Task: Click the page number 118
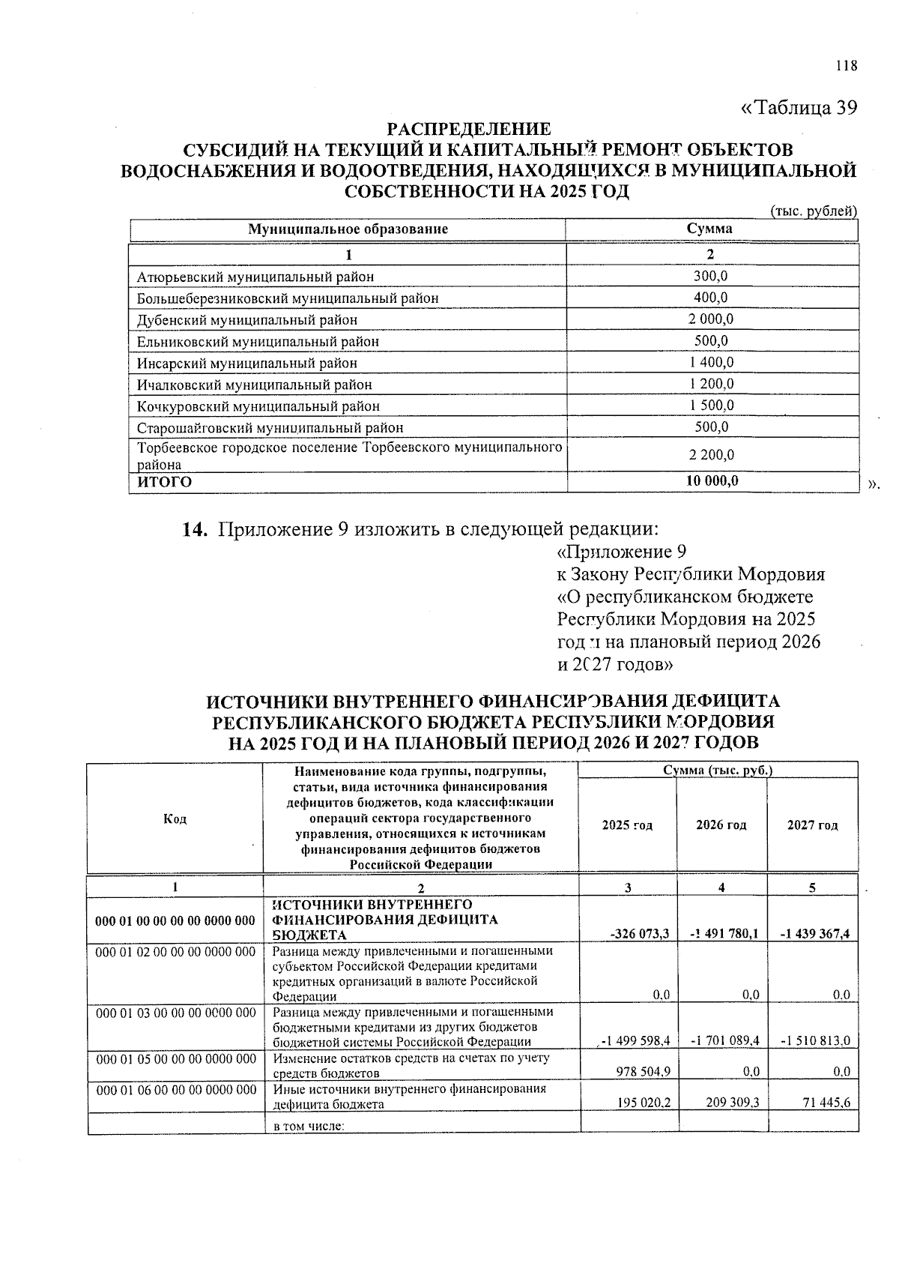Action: coord(846,66)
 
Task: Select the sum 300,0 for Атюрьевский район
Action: coord(710,276)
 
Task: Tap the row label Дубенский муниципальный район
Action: coord(247,320)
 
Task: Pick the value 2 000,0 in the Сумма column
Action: coord(710,319)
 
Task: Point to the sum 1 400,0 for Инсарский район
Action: coord(710,363)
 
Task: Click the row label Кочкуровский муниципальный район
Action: coord(258,406)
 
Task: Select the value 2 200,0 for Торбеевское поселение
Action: coord(710,455)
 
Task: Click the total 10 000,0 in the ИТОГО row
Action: coord(712,481)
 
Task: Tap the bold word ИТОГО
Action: coord(164,482)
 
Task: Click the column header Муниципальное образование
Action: coord(348,229)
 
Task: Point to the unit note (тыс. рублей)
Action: coord(814,211)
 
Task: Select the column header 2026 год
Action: coord(721,825)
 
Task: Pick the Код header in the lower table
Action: coord(175,819)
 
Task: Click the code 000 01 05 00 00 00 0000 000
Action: coord(176,1058)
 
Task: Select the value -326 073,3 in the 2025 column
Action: coord(639,934)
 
